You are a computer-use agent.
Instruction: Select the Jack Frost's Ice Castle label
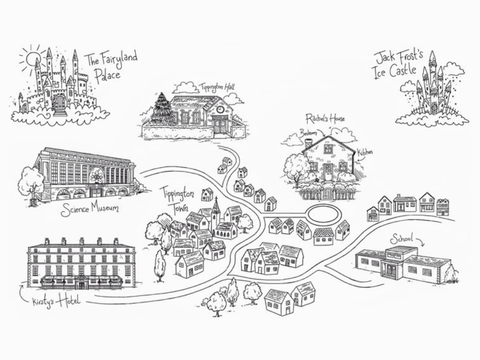[x=398, y=66]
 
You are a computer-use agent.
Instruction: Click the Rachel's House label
[x=325, y=118]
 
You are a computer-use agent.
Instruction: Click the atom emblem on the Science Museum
[x=97, y=176]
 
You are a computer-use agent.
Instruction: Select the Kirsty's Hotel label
[x=56, y=301]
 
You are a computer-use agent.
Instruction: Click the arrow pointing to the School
[x=420, y=242]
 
